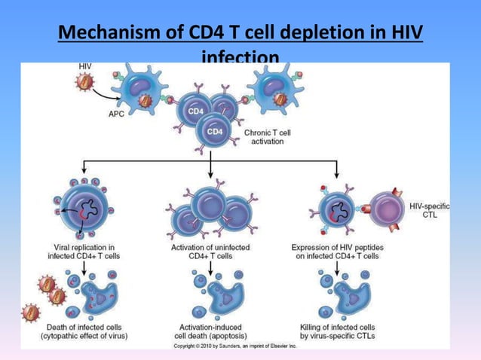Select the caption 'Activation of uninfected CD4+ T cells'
(211, 250)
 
